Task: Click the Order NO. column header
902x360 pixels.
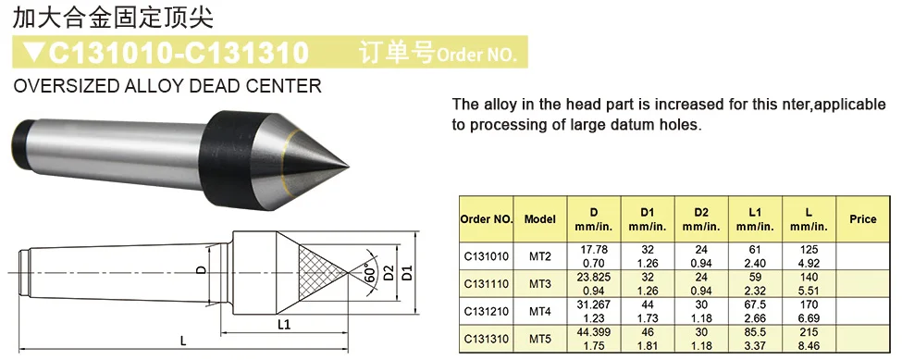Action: pos(486,219)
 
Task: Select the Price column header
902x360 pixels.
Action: pos(862,219)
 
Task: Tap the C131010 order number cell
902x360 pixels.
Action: pos(486,256)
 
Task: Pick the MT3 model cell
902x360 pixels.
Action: pos(540,283)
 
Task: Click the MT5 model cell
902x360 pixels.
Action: pos(540,339)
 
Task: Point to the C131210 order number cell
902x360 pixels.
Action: pos(486,311)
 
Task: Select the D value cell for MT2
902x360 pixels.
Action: pos(594,256)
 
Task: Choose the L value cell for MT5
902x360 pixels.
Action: pos(809,339)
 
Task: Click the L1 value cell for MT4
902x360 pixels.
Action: pos(755,311)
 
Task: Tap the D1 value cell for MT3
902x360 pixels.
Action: pos(648,283)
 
